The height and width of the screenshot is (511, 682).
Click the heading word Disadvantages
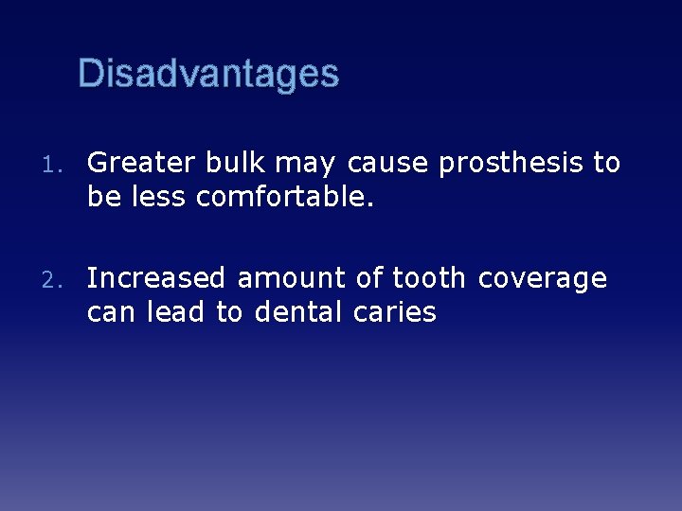pyautogui.click(x=208, y=74)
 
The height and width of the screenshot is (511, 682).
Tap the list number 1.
pyautogui.click(x=54, y=165)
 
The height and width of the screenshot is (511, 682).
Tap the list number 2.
pyautogui.click(x=54, y=280)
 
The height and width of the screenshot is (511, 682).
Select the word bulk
pyautogui.click(x=233, y=164)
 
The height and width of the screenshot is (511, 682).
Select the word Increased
pyautogui.click(x=157, y=279)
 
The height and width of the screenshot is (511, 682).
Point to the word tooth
pyautogui.click(x=429, y=279)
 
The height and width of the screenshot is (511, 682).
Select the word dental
pyautogui.click(x=297, y=313)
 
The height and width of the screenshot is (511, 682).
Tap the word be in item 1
pyautogui.click(x=101, y=198)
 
